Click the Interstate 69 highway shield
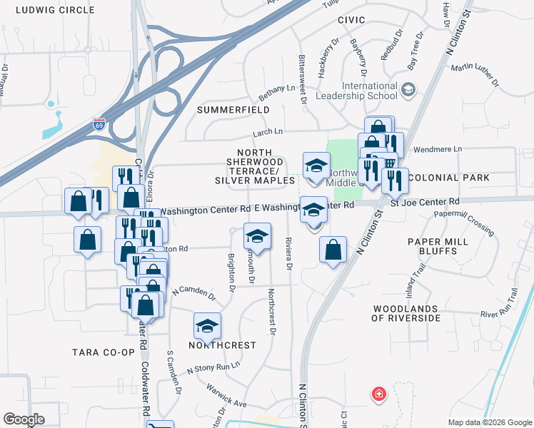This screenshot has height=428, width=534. pos(99,124)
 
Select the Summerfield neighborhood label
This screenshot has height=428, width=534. pos(233,110)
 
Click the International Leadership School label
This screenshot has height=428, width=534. pos(369,91)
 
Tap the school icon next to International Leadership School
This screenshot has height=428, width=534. pos(408,90)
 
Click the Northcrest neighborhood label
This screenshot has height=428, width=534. pos(221,345)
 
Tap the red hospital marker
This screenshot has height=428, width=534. pos(378,394)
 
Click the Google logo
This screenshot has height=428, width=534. pos(24,419)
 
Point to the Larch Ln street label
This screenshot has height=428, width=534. pos(268,131)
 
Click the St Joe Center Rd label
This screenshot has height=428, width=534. pos(424,203)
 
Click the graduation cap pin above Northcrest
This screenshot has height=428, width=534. pos(207,327)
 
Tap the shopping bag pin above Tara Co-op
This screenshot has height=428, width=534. pos(146,305)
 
